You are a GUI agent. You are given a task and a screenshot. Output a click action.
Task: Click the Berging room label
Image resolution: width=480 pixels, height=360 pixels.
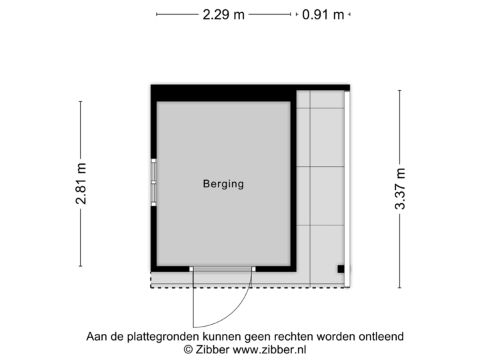pyautogui.click(x=223, y=184)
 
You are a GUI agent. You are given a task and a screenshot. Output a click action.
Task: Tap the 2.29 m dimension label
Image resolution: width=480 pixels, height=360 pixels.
pyautogui.click(x=223, y=14)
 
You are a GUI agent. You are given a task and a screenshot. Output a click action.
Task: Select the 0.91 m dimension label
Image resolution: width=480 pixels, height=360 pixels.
pyautogui.click(x=323, y=14)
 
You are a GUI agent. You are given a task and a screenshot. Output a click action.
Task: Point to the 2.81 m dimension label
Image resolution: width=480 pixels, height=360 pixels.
pyautogui.click(x=81, y=184)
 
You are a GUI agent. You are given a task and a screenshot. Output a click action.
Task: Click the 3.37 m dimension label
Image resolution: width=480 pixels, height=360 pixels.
pyautogui.click(x=400, y=189)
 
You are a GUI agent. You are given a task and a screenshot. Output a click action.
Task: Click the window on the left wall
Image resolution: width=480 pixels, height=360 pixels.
pyautogui.click(x=153, y=181)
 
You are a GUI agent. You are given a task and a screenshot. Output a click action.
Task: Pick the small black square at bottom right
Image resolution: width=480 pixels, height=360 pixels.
pyautogui.click(x=341, y=269)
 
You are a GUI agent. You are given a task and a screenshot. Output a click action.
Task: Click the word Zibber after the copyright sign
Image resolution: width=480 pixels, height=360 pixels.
pyautogui.click(x=212, y=349)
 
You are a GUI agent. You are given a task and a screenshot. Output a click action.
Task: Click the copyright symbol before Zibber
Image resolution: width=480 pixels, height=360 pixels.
pyautogui.click(x=189, y=349)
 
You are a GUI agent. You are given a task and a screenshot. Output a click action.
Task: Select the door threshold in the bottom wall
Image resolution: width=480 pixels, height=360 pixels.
pyautogui.click(x=223, y=269)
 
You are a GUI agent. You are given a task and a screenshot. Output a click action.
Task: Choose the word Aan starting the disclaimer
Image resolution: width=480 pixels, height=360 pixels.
pyautogui.click(x=96, y=337)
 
